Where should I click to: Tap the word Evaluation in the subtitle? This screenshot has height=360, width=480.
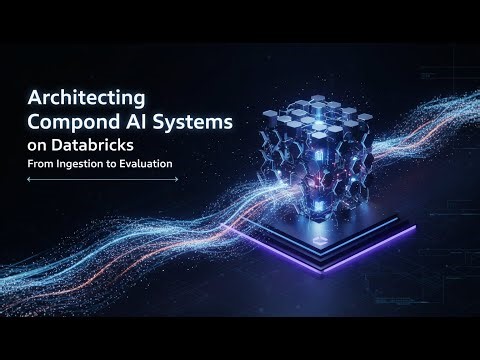[x=149, y=163]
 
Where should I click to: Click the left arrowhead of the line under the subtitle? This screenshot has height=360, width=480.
[x=29, y=179]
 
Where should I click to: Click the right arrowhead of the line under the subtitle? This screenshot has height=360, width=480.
[x=176, y=179]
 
